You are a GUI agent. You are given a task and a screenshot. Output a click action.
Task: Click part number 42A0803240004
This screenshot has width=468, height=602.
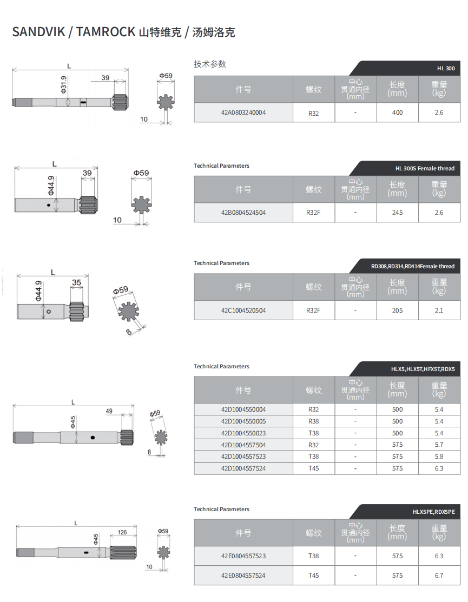pyautogui.click(x=243, y=113)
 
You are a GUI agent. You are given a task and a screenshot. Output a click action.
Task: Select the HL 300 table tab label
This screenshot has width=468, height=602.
pyautogui.click(x=446, y=68)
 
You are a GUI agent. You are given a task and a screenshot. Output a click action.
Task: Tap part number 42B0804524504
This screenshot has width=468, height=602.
pyautogui.click(x=243, y=213)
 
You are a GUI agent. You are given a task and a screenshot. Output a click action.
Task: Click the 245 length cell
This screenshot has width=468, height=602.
pyautogui.click(x=397, y=213)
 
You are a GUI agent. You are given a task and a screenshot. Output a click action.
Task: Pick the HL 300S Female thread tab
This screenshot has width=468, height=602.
pyautogui.click(x=425, y=168)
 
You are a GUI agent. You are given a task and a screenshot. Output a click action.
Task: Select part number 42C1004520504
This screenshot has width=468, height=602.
pyautogui.click(x=243, y=310)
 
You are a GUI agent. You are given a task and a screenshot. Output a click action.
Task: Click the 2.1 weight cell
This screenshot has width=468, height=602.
pyautogui.click(x=439, y=310)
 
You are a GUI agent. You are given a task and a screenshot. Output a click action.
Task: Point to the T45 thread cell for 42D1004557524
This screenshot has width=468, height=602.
pyautogui.click(x=313, y=468)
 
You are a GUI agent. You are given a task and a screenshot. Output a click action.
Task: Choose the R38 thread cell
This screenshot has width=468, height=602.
pyautogui.click(x=313, y=421)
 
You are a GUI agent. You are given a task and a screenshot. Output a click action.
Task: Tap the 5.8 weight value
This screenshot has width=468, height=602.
pyautogui.click(x=439, y=457)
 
